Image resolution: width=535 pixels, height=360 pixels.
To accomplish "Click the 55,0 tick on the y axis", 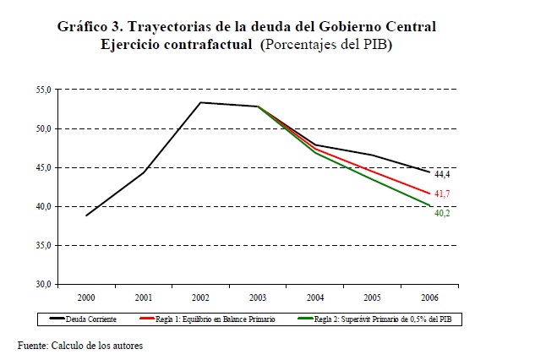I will point(44,89).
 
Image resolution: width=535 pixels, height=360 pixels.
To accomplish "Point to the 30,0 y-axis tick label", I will point(44,284).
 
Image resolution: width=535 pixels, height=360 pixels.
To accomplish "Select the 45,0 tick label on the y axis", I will point(44,167).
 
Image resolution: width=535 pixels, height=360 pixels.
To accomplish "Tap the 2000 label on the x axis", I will point(85,298).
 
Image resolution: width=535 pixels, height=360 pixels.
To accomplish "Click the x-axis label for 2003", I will point(257,298).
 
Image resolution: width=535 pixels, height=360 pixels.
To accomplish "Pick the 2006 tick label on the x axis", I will point(429,298).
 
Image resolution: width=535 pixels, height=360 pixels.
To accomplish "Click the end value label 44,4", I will point(442,174).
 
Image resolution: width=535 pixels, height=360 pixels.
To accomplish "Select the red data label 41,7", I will point(442,194).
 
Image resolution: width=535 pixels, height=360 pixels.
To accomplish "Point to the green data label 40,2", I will point(442,214).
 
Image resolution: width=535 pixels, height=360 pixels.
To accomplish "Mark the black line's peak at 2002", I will point(199,102).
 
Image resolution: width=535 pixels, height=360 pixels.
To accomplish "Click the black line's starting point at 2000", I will point(85,215).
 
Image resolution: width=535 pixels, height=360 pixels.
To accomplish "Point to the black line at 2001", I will point(143,172).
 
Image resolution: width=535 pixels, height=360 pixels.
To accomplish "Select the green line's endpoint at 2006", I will point(429,205).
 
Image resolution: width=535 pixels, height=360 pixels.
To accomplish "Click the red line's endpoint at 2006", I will point(429,193).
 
